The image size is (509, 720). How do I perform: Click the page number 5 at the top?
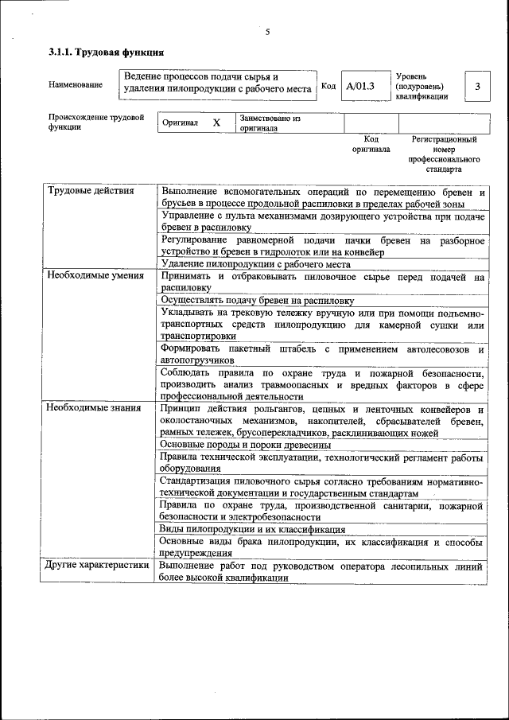[268, 32]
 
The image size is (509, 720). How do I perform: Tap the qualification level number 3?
[476, 86]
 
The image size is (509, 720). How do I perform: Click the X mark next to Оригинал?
[216, 123]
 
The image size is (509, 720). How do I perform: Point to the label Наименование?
[76, 84]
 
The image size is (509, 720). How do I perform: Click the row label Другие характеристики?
[97, 566]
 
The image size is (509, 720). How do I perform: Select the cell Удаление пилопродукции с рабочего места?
[255, 264]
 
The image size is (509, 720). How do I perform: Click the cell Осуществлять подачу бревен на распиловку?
[257, 301]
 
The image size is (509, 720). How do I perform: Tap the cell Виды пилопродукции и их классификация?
[252, 529]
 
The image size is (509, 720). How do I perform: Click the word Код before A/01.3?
[328, 86]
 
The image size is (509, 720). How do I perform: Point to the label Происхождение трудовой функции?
[95, 122]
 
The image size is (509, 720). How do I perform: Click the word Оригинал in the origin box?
[180, 124]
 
